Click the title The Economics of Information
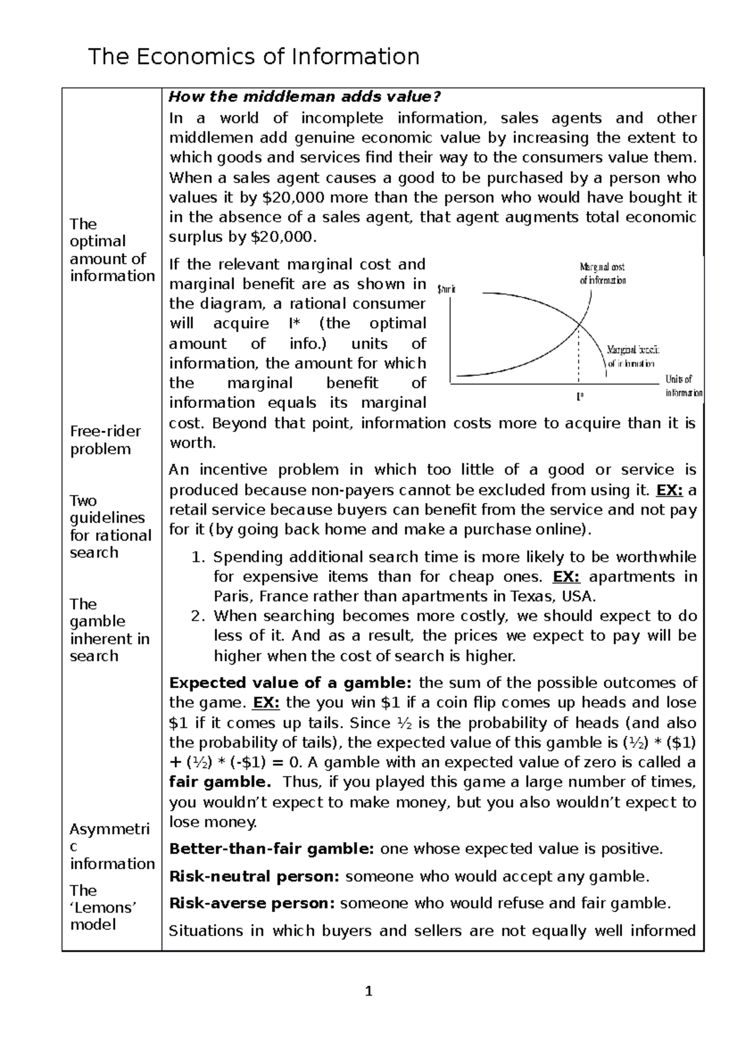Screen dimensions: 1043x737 (254, 57)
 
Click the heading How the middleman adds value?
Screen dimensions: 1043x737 (305, 97)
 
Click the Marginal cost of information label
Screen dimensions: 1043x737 (602, 274)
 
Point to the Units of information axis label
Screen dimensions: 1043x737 (682, 386)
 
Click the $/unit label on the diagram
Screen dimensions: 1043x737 (446, 289)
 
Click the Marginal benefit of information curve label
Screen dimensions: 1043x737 (632, 356)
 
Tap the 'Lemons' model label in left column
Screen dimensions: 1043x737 (102, 907)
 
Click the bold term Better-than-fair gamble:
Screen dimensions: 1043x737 (271, 850)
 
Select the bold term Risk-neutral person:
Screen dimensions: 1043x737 (254, 877)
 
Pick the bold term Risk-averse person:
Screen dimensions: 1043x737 (251, 904)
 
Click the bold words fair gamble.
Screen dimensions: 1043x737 (219, 783)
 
